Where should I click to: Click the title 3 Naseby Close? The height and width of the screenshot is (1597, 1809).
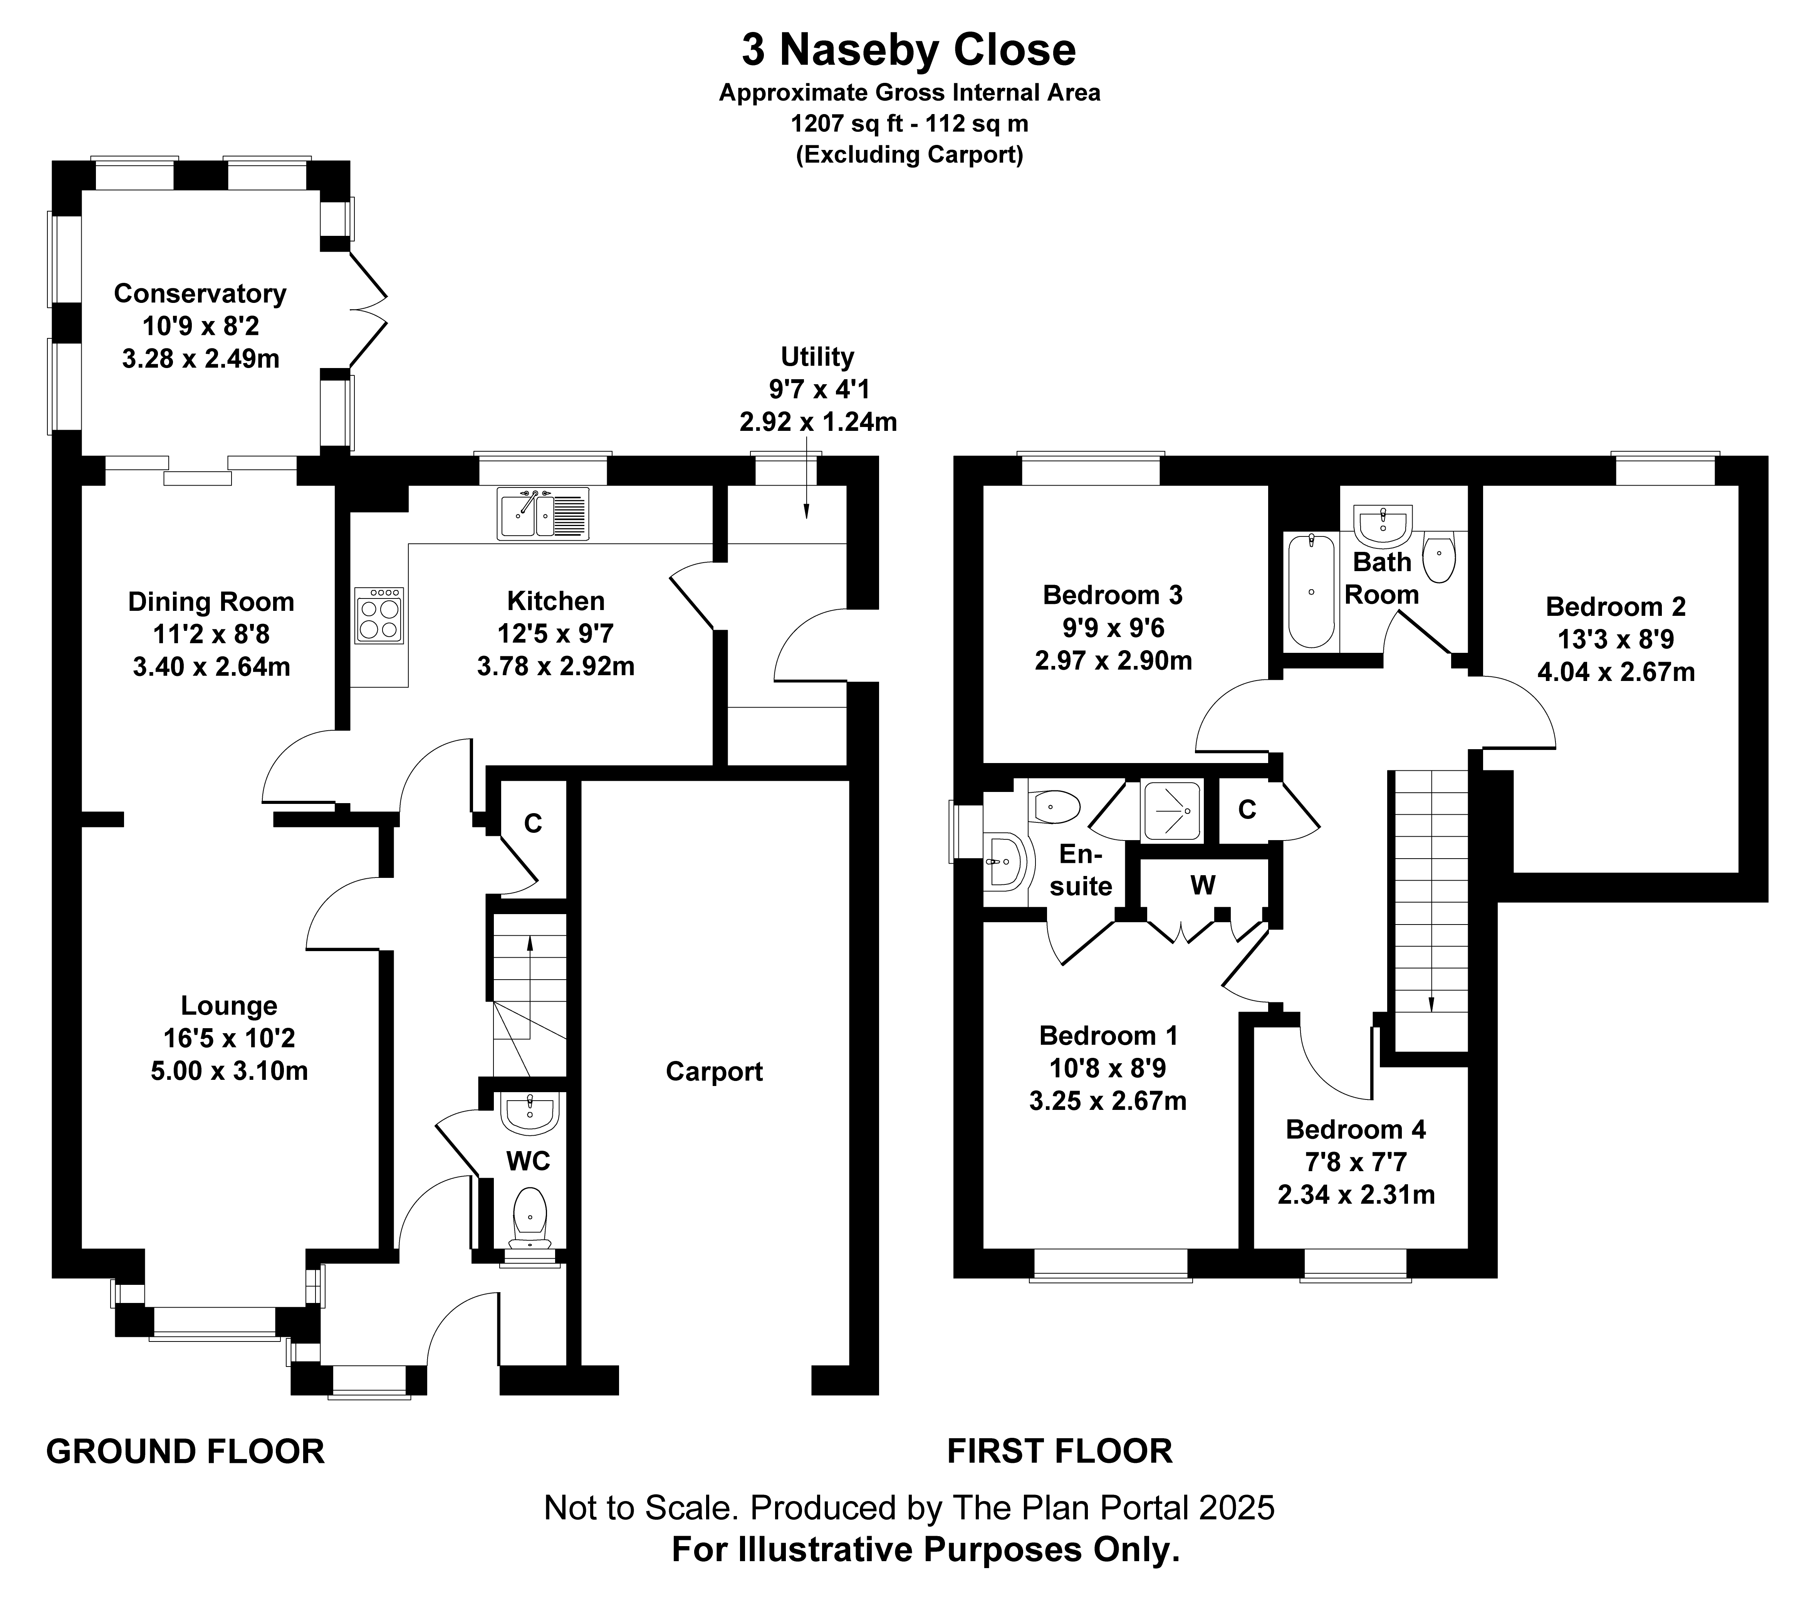tap(909, 50)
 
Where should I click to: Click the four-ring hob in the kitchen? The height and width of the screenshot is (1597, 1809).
tap(380, 614)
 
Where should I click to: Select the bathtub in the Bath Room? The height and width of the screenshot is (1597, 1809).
tap(1311, 590)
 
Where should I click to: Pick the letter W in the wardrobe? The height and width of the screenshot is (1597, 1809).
tap(1203, 884)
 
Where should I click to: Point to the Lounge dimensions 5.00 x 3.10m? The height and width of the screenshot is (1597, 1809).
tap(229, 1071)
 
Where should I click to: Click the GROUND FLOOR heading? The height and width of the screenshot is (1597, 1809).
tap(185, 1452)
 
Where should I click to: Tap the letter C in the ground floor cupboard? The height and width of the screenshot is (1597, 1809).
tap(533, 823)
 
